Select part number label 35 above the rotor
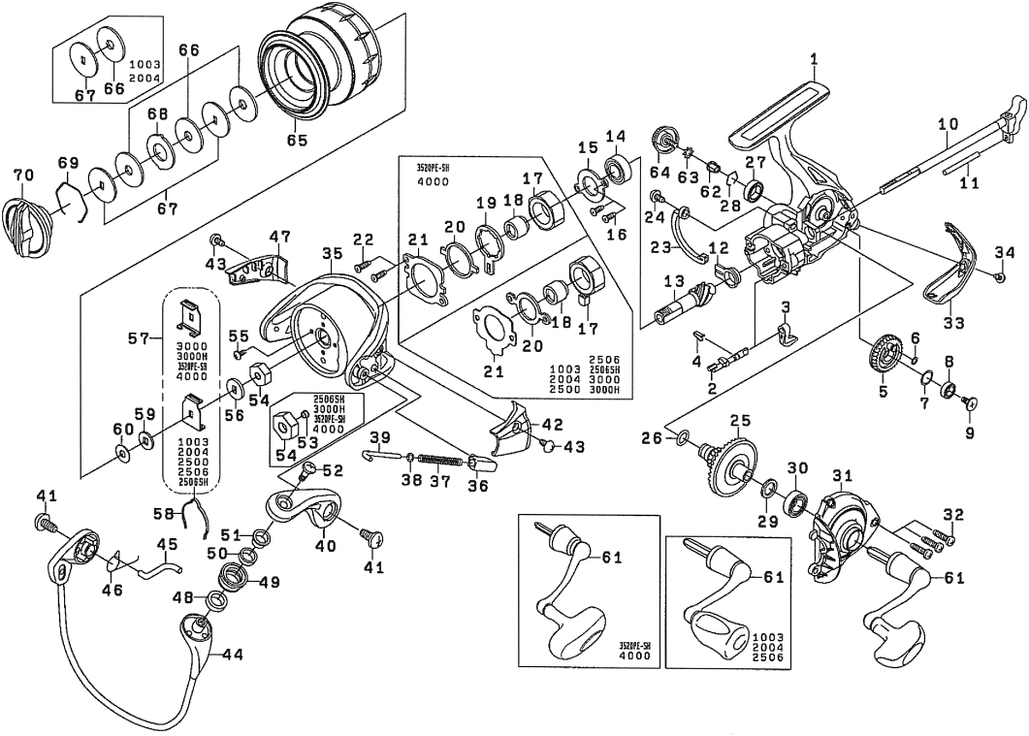pos(332,252)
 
